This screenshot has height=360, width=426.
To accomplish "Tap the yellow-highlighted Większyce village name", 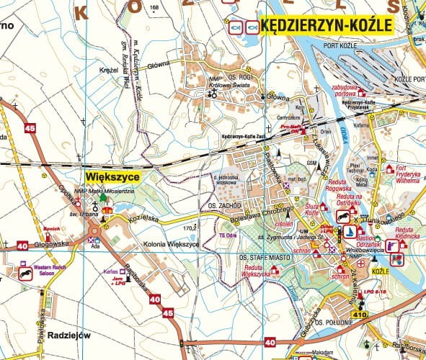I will coord(112,175).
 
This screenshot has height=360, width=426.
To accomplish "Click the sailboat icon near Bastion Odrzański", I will coord(348,232).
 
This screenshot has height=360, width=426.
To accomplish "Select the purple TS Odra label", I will coord(227,235).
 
